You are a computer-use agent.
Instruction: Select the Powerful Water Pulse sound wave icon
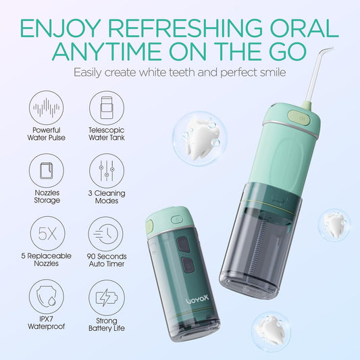(47, 108)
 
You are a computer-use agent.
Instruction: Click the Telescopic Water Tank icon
(106, 108)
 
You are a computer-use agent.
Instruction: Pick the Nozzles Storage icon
(47, 170)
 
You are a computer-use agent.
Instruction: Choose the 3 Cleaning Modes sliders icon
(106, 170)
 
